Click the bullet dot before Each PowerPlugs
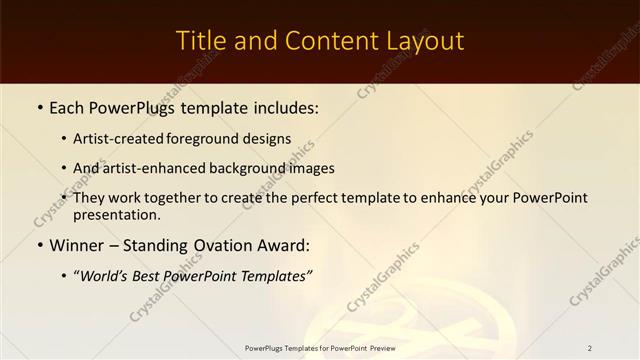click(x=39, y=105)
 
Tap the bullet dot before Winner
click(x=39, y=245)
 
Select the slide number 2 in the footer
click(x=590, y=348)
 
